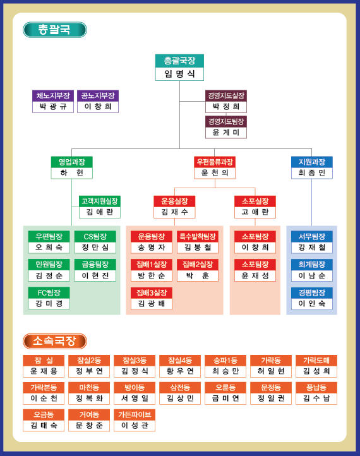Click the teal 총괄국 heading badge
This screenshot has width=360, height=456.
55,30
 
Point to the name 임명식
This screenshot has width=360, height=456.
179,74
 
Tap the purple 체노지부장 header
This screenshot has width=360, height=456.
53,95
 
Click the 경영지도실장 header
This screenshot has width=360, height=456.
226,95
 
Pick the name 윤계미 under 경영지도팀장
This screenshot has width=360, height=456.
226,133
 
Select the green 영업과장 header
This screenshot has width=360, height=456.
72,162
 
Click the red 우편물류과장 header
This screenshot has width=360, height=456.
215,162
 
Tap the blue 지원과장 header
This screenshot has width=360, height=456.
312,162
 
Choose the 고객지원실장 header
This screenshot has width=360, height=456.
99,201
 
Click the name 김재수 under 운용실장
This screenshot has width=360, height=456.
174,212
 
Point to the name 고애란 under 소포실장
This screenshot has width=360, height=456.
255,212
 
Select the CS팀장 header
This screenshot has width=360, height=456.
95,236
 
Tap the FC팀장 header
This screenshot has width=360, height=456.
49,292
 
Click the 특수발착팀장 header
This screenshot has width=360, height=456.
198,236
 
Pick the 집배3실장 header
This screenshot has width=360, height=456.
151,292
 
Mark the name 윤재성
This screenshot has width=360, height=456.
255,276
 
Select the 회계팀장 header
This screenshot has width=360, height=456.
312,265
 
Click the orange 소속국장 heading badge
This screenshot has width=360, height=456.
55,341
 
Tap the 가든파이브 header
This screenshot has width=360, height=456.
135,415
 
